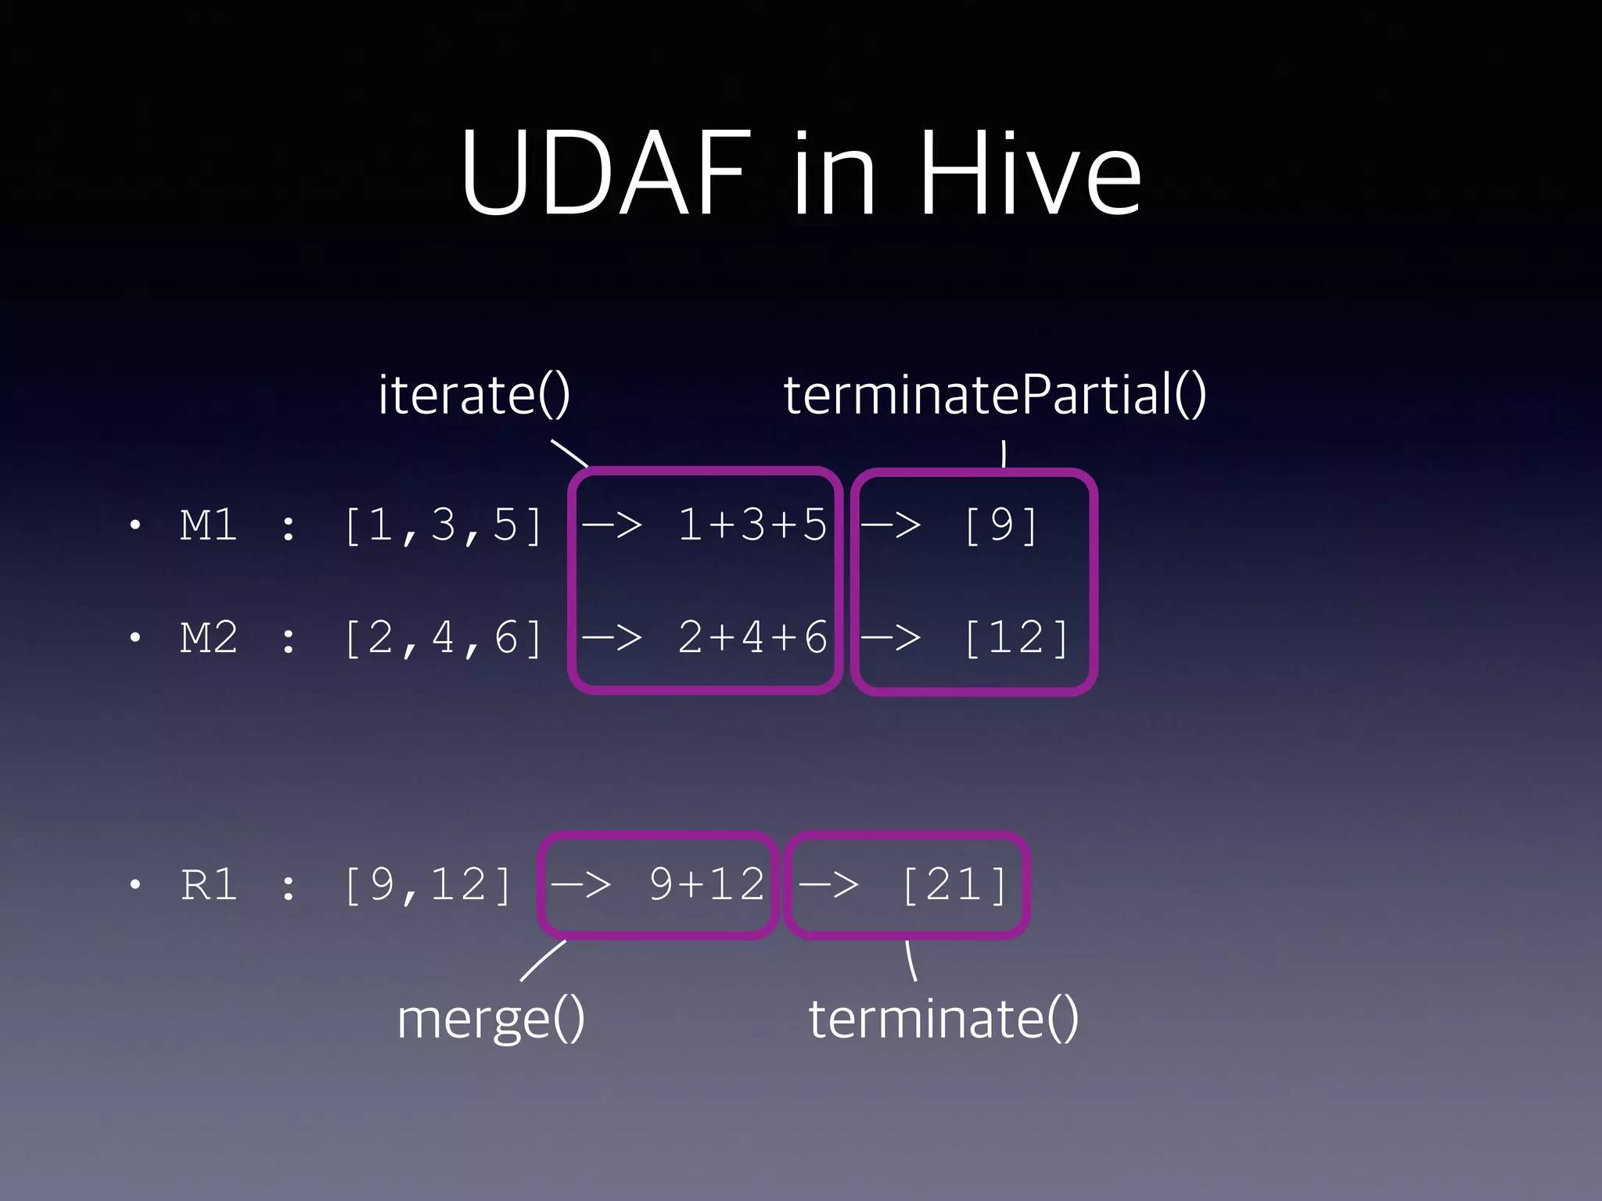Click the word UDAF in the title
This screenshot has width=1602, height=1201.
click(606, 173)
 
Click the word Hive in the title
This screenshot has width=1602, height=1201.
click(1030, 173)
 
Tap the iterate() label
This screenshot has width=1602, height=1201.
click(474, 394)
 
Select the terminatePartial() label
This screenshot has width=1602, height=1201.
click(994, 394)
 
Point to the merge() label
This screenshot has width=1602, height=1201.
click(490, 1019)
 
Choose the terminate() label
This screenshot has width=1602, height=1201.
click(943, 1019)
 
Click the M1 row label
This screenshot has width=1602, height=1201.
click(209, 525)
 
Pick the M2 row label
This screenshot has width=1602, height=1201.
click(209, 638)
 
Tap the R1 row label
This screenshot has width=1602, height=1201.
click(209, 885)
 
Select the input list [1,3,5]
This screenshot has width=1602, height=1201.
click(444, 525)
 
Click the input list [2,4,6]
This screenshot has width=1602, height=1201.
click(444, 638)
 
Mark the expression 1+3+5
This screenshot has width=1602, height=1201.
click(752, 525)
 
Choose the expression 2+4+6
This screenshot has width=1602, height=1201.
click(752, 638)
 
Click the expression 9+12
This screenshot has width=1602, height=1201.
click(706, 885)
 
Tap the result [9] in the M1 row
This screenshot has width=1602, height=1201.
click(1001, 525)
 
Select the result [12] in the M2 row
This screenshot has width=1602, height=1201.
click(1016, 638)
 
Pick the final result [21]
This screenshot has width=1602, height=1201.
click(954, 885)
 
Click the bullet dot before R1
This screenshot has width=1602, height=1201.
click(135, 885)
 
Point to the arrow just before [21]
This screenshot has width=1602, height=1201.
click(828, 885)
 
